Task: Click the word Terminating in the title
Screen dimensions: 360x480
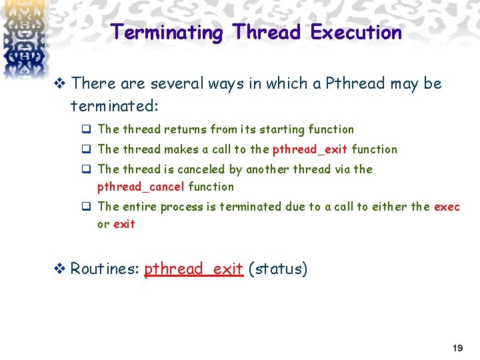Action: (167, 32)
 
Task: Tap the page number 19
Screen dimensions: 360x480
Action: (457, 348)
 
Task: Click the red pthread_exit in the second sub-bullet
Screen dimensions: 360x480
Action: (310, 149)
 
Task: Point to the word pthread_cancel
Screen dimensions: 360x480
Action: (141, 187)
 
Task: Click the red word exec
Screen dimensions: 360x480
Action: (447, 207)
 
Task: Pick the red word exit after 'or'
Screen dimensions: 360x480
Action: (124, 224)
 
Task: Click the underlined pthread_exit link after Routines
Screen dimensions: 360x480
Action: (193, 269)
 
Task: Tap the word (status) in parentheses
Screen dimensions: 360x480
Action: (277, 269)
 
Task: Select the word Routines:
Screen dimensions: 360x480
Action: (105, 269)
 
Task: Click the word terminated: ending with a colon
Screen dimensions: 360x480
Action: (115, 107)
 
